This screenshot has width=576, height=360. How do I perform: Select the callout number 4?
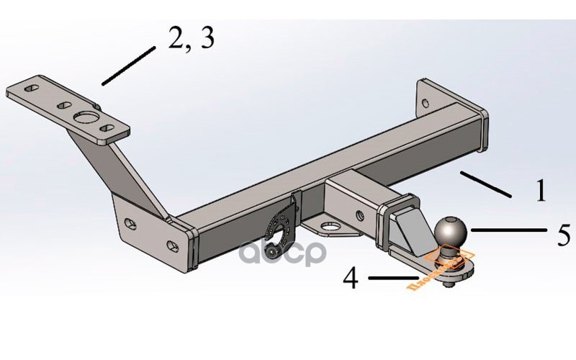[351, 279]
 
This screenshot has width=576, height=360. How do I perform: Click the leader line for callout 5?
[511, 230]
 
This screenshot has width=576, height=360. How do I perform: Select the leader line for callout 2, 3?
[128, 66]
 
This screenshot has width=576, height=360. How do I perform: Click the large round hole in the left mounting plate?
[86, 118]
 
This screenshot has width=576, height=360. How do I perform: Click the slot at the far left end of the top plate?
[31, 88]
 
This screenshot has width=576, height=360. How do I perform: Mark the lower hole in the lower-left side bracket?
[173, 243]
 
